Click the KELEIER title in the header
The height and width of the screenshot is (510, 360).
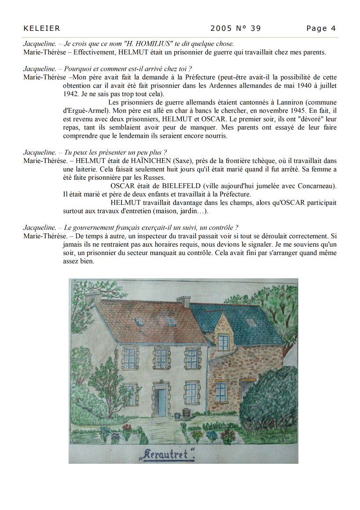[x=41, y=29]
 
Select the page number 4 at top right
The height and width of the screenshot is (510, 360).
[x=333, y=29]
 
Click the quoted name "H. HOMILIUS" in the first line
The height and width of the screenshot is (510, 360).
[x=148, y=44]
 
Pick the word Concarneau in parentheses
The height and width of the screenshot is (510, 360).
[x=316, y=186]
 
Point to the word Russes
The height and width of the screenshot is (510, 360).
[x=153, y=177]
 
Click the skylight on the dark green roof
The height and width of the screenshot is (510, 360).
[x=251, y=322]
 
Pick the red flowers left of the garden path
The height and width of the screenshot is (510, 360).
[x=127, y=429]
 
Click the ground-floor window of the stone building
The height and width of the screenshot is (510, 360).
[x=221, y=391]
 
